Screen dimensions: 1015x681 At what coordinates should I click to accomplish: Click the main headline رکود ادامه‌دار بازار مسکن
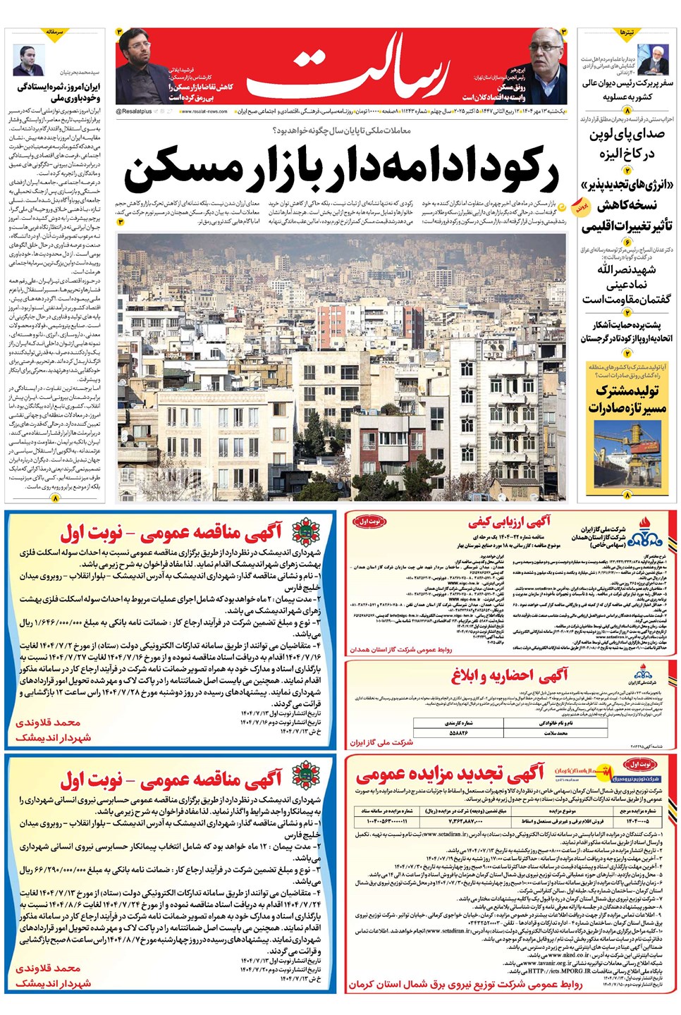click(x=342, y=170)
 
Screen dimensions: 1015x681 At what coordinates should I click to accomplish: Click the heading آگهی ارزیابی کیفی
click(x=510, y=522)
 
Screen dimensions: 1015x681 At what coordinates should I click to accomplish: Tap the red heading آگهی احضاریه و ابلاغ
click(x=510, y=675)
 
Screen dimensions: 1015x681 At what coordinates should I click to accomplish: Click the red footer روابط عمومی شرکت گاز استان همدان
click(x=401, y=649)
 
